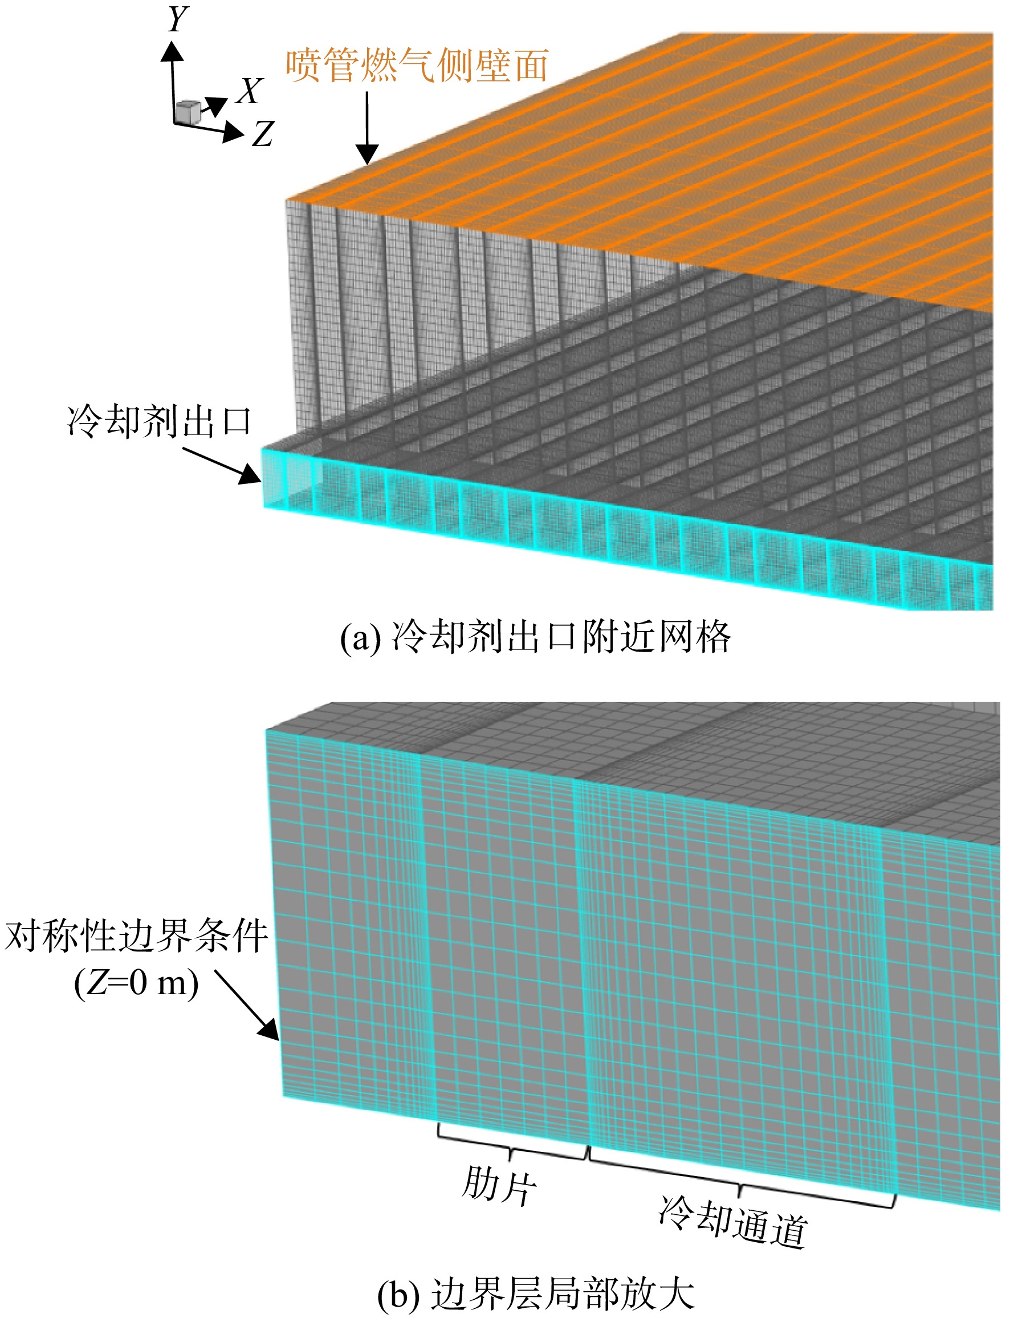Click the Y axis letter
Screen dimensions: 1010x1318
(178, 19)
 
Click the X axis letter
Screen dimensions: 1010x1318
(250, 91)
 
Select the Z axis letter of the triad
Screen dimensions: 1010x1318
(263, 133)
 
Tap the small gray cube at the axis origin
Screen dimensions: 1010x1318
(188, 112)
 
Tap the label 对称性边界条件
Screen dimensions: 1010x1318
(136, 935)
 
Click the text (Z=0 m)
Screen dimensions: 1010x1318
(136, 983)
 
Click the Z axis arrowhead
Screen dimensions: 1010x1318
(233, 132)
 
